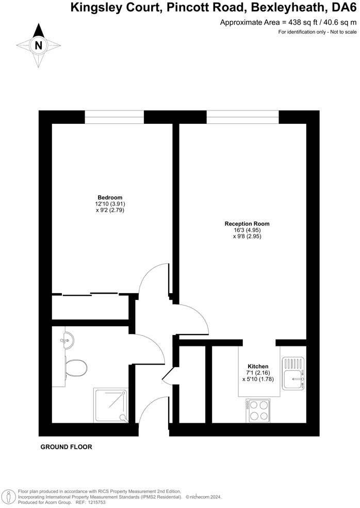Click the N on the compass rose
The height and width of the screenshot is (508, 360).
tap(38, 45)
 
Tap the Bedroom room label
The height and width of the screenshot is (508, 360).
tap(110, 198)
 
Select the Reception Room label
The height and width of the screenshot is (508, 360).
tap(247, 224)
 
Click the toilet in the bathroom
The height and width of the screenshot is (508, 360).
tap(76, 368)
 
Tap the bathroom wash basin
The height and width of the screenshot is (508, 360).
tap(66, 340)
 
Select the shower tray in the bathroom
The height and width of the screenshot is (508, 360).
tap(110, 405)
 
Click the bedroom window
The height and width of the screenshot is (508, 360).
tap(114, 117)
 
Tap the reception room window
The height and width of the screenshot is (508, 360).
tap(242, 117)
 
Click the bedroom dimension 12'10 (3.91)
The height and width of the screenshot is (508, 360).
tap(110, 204)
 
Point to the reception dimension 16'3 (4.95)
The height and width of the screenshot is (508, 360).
tap(247, 230)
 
